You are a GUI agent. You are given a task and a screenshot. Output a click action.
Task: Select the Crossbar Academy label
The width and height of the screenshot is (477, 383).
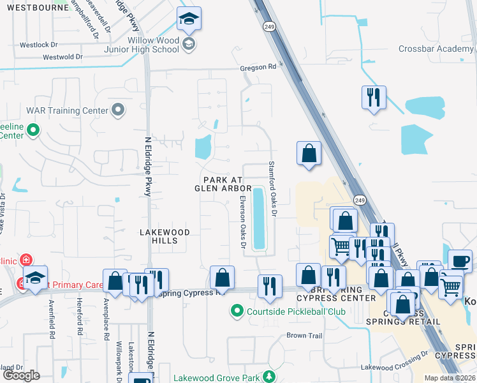coord(436,49)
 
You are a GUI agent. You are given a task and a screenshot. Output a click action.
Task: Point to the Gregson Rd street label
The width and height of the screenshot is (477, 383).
coord(258,66)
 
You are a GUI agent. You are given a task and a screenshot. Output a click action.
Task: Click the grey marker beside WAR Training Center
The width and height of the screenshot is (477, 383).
coord(117,111)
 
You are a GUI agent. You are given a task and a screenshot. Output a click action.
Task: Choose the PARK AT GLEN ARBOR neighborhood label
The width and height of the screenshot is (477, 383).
coord(223,184)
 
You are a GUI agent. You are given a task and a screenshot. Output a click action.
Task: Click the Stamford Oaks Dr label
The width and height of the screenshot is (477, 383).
coord(271,188)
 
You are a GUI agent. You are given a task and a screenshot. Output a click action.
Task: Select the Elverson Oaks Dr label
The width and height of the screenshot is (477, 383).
coord(242,221)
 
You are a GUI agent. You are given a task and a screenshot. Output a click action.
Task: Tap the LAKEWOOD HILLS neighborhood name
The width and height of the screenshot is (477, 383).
coord(165,236)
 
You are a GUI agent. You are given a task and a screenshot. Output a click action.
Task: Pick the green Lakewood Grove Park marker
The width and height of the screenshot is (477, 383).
coord(270,377)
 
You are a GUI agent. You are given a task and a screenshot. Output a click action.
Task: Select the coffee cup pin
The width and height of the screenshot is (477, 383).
coord(460,260)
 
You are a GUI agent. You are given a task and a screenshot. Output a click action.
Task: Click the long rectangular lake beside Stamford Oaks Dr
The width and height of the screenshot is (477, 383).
coord(260,218)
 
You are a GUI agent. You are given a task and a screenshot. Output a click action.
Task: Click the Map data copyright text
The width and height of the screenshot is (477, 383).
coord(449,378)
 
